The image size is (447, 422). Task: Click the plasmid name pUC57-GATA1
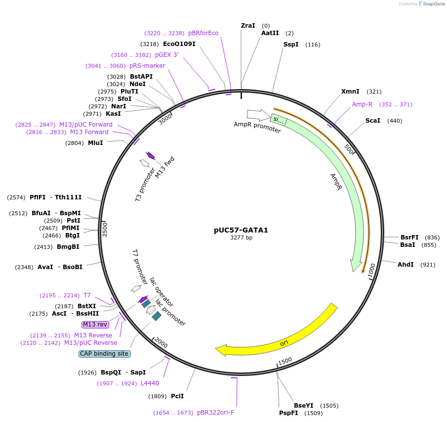click(x=241, y=230)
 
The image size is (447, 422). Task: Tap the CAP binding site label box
click(x=104, y=354)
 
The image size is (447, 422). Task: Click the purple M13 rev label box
click(x=95, y=325)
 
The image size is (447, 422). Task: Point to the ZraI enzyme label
click(x=248, y=25)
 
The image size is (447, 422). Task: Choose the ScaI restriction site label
click(x=373, y=121)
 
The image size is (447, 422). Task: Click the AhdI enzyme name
click(x=406, y=265)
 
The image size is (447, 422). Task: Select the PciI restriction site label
click(x=177, y=396)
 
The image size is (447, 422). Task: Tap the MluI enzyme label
click(x=95, y=143)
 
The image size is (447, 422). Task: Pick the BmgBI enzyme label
click(x=68, y=247)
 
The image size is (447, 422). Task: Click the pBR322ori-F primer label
click(x=215, y=413)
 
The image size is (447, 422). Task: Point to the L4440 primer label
click(x=150, y=383)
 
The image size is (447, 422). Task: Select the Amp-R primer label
click(x=362, y=104)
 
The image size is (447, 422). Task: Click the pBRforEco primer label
click(x=203, y=33)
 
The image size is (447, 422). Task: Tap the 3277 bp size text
click(x=241, y=238)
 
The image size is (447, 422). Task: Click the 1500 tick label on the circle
click(x=285, y=361)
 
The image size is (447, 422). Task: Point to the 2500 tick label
click(x=105, y=229)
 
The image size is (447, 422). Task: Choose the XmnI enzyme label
click(x=350, y=92)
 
